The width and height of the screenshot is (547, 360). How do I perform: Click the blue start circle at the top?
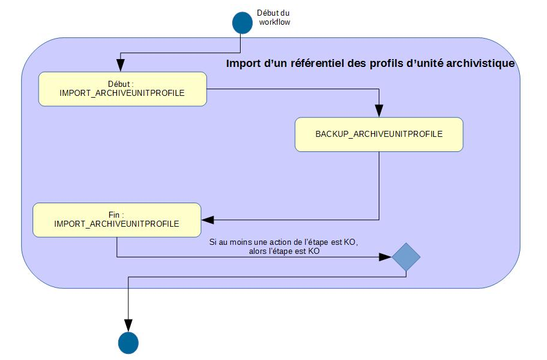[x=242, y=21]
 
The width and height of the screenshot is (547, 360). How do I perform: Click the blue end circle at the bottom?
[x=128, y=342]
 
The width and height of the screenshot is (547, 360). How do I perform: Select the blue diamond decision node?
[x=406, y=257]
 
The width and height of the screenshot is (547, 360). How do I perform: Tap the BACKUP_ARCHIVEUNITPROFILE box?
[x=379, y=134]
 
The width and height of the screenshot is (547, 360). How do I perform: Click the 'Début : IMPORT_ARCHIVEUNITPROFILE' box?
[x=122, y=89]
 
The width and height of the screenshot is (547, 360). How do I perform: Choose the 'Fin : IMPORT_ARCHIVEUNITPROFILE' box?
[x=116, y=219]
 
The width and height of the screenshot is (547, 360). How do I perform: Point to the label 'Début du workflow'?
[x=274, y=17]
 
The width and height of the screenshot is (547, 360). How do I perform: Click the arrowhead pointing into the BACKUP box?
[x=379, y=111]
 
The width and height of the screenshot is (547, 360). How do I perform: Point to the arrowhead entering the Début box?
[x=121, y=68]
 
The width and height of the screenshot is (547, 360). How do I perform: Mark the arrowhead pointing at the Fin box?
[x=207, y=219]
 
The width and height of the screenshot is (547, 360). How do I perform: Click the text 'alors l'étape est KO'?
[x=279, y=252]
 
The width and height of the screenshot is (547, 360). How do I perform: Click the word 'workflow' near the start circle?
[x=275, y=22]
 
